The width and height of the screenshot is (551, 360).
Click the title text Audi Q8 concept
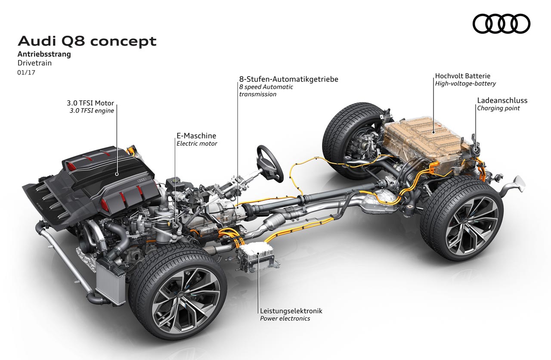pyautogui.click(x=87, y=41)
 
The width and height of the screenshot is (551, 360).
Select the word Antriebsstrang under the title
pyautogui.click(x=44, y=54)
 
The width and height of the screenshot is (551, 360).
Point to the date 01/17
pyautogui.click(x=26, y=72)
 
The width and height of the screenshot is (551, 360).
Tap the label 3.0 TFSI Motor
pyautogui.click(x=90, y=103)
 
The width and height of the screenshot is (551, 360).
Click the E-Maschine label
pyautogui.click(x=196, y=136)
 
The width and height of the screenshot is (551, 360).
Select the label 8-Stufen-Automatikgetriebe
pyautogui.click(x=289, y=79)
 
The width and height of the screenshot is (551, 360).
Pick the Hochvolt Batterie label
pyautogui.click(x=462, y=76)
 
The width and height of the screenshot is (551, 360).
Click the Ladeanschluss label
pyautogui.click(x=502, y=100)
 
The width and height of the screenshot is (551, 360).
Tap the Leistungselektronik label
pyautogui.click(x=291, y=311)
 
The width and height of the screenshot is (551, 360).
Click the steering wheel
pyautogui.click(x=270, y=163)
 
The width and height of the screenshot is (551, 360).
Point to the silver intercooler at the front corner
pyautogui.click(x=109, y=282)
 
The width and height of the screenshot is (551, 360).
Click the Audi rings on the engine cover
pyautogui.click(x=142, y=180)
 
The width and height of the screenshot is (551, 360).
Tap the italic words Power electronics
pyautogui.click(x=285, y=318)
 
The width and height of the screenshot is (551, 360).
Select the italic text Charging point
pyautogui.click(x=498, y=108)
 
